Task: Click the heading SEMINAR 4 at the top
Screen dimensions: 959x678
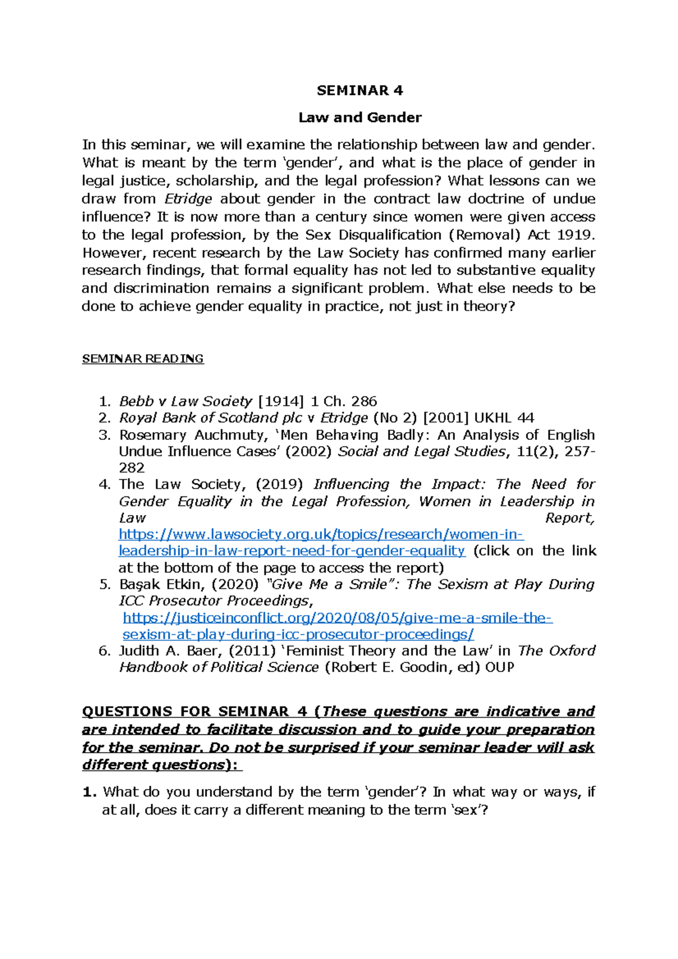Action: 360,90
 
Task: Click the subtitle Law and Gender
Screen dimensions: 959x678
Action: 360,117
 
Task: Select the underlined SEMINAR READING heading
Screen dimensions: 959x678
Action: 143,359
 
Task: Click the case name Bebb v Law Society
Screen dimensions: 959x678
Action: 185,402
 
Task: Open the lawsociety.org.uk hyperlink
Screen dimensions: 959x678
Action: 321,534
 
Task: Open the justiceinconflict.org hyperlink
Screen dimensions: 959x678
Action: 337,618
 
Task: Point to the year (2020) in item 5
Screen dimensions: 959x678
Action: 238,585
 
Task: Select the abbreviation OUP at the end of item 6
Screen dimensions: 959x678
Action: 499,668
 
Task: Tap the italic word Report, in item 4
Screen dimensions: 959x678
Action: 570,518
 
